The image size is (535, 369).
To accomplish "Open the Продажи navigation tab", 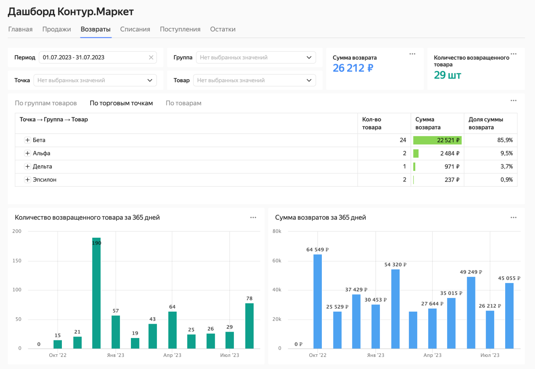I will [x=57, y=29].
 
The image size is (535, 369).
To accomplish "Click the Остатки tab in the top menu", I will [x=223, y=29].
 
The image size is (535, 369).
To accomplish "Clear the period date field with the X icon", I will [x=151, y=57].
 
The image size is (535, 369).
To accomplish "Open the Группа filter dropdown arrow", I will [x=309, y=57].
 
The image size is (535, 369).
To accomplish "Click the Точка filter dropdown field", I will [x=95, y=80].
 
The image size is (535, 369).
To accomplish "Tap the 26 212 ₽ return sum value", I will [x=353, y=68].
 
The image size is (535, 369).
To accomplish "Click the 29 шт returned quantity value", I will [x=447, y=75].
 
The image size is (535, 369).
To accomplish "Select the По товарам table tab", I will [x=183, y=103].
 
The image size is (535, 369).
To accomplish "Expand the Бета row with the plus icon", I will [x=28, y=140].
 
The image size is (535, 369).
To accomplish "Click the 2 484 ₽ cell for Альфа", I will [x=449, y=154].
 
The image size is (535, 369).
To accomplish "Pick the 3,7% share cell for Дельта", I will [x=506, y=166].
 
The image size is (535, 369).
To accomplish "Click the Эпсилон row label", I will [x=45, y=180].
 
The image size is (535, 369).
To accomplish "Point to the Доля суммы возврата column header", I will [x=486, y=123].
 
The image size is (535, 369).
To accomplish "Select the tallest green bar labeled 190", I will [x=97, y=294].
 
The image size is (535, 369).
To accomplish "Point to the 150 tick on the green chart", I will [x=17, y=261].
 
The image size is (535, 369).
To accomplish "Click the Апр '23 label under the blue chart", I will [x=432, y=355].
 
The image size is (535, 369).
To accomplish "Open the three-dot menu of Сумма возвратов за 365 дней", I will [x=513, y=218].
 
